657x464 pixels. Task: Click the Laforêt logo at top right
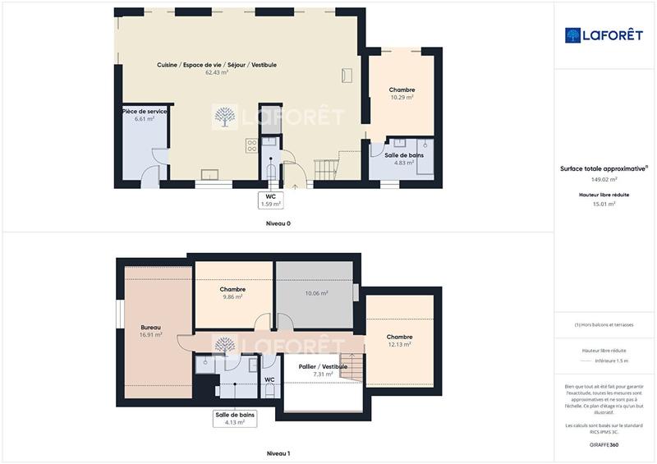[x=604, y=35]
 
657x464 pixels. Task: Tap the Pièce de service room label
[x=145, y=111]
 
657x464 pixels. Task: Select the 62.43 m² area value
[x=217, y=72]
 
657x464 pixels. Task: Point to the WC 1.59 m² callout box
[x=271, y=200]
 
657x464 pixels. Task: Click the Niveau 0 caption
[x=278, y=223]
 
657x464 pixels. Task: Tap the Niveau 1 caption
[x=278, y=453]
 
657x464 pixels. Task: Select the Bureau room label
[x=150, y=327]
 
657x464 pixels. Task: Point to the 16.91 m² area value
[x=150, y=335]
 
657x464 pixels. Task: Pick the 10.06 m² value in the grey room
[x=316, y=293]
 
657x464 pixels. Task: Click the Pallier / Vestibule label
[x=323, y=366]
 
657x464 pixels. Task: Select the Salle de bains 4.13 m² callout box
[x=235, y=419]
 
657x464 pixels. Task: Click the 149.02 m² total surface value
[x=604, y=179]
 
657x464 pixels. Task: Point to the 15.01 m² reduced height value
[x=604, y=204]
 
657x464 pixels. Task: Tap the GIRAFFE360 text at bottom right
[x=604, y=445]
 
